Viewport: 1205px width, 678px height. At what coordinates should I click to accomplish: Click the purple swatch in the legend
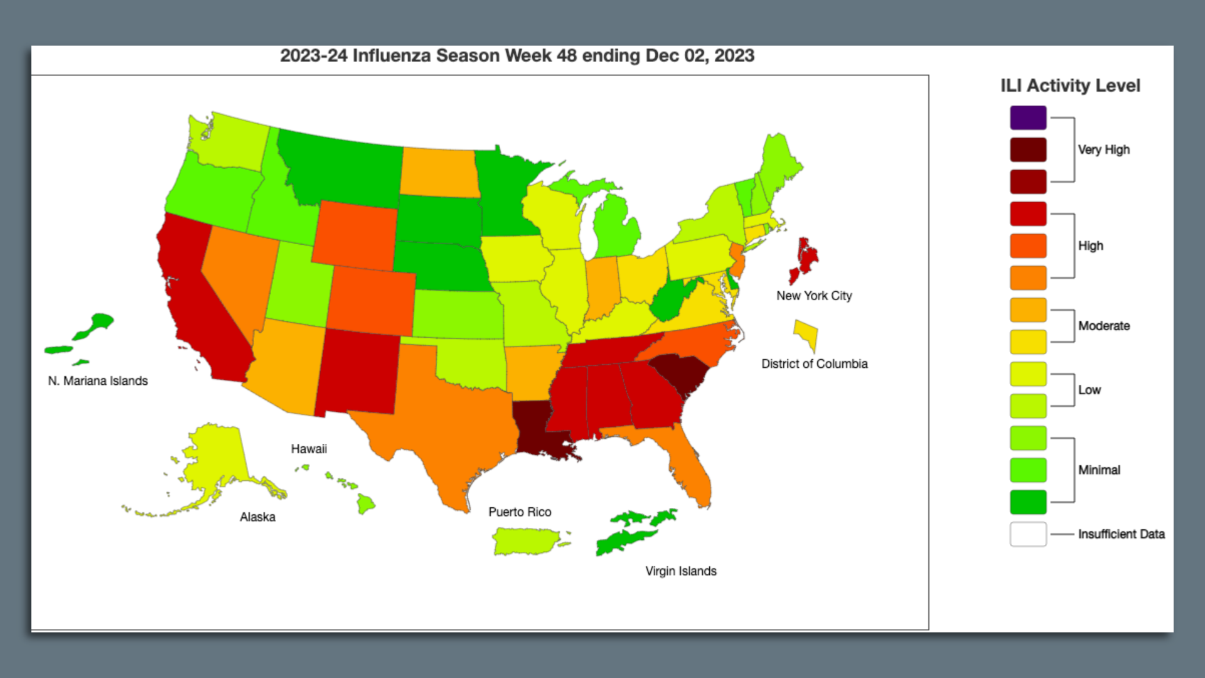click(x=1028, y=117)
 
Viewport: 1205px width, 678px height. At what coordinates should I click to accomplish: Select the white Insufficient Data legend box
click(x=1028, y=534)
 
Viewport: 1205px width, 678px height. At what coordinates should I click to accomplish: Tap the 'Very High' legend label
click(x=1103, y=149)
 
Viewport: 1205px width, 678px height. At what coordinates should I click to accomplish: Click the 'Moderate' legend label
click(x=1103, y=326)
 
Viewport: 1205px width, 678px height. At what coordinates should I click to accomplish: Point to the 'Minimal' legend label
click(x=1098, y=470)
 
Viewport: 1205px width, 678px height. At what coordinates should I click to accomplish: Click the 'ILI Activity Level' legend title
click(x=1070, y=85)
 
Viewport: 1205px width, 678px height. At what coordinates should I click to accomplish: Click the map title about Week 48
click(x=517, y=56)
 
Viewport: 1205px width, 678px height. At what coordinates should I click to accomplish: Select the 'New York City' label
click(x=814, y=296)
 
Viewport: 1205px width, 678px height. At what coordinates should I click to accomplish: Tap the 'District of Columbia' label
click(x=814, y=363)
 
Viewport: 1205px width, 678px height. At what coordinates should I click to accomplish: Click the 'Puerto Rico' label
click(x=520, y=512)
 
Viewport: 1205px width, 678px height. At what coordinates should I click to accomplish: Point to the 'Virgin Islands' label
click(x=680, y=571)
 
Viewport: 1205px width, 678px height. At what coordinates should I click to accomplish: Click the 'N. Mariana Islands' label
click(x=98, y=380)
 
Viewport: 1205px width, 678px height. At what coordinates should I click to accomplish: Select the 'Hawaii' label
click(x=308, y=449)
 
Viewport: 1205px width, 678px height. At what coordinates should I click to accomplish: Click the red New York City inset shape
click(x=806, y=257)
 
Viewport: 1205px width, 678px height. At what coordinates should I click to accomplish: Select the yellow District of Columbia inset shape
click(x=807, y=333)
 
